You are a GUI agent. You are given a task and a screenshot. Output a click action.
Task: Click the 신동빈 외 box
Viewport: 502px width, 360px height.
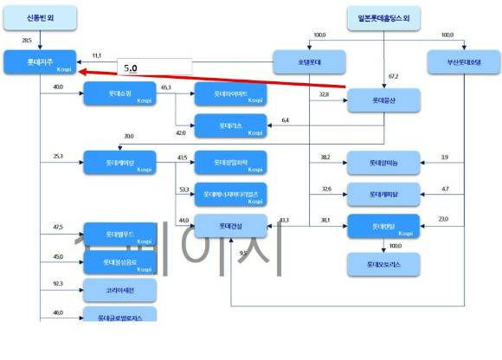point(39,17)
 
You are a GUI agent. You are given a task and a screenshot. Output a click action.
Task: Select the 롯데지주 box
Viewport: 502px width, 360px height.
point(39,61)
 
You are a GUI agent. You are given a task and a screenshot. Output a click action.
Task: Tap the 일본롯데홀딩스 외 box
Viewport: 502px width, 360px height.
point(383,17)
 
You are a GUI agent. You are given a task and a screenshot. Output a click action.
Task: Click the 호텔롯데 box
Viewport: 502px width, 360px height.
point(309,61)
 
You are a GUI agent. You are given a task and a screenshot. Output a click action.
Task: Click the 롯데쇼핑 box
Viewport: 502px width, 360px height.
point(119,93)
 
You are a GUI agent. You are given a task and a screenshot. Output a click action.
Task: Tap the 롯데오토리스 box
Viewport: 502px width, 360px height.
point(383,262)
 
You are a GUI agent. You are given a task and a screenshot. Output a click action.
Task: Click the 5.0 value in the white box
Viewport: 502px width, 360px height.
point(131,67)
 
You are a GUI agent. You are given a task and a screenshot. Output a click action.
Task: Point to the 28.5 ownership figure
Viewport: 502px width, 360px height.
point(27,41)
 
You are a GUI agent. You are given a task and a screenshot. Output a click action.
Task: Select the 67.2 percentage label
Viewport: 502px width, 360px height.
point(393,76)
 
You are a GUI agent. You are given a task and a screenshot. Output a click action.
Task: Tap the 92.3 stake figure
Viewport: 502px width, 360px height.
point(58,283)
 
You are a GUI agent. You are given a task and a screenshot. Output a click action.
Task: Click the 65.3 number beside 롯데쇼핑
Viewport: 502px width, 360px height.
point(166,87)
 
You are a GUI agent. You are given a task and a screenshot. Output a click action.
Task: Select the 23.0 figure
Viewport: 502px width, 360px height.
point(443,219)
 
